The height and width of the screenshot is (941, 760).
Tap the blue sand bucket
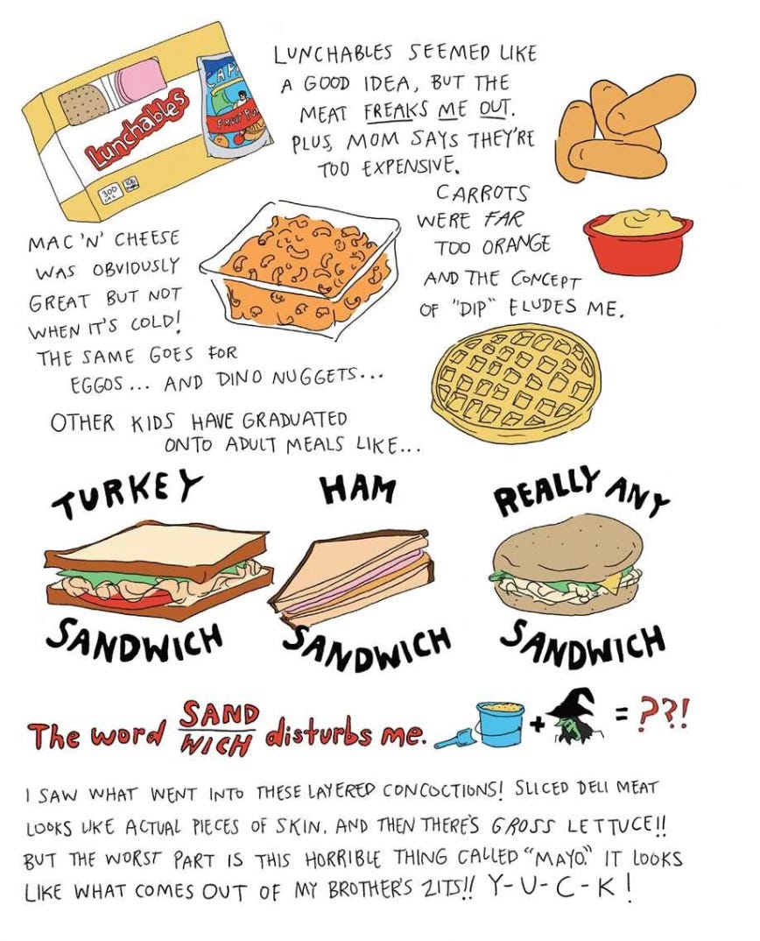click(x=499, y=724)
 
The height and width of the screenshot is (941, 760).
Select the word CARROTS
click(x=482, y=193)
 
